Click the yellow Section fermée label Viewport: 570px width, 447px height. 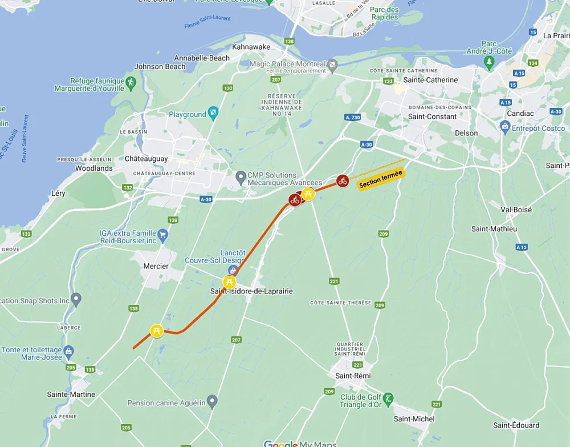(381, 179)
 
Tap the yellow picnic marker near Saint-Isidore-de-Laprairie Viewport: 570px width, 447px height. (229, 282)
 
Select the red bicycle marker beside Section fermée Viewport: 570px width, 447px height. (342, 180)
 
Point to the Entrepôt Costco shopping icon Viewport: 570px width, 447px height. (504, 126)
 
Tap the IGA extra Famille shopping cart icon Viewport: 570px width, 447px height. (162, 233)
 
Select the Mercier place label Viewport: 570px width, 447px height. (156, 266)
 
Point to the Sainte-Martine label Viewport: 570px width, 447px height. (71, 394)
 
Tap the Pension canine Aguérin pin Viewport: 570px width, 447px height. (212, 402)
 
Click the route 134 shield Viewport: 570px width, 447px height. (533, 63)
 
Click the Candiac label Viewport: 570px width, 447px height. (520, 113)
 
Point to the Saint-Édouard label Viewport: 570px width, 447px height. (516, 425)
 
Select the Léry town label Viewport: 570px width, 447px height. (58, 194)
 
